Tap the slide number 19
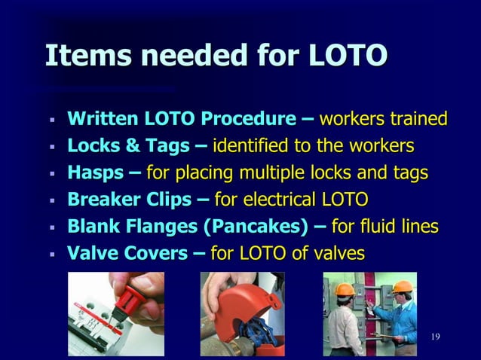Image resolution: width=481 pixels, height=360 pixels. [434, 335]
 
